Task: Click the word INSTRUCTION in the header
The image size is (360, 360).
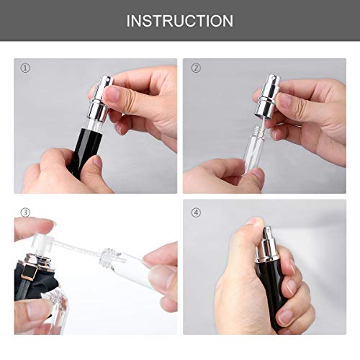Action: coord(179,21)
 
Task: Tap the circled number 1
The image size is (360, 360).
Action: coord(26,68)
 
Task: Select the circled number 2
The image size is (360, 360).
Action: coord(194,68)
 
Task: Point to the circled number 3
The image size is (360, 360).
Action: coord(25,213)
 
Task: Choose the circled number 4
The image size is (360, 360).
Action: coord(196,213)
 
